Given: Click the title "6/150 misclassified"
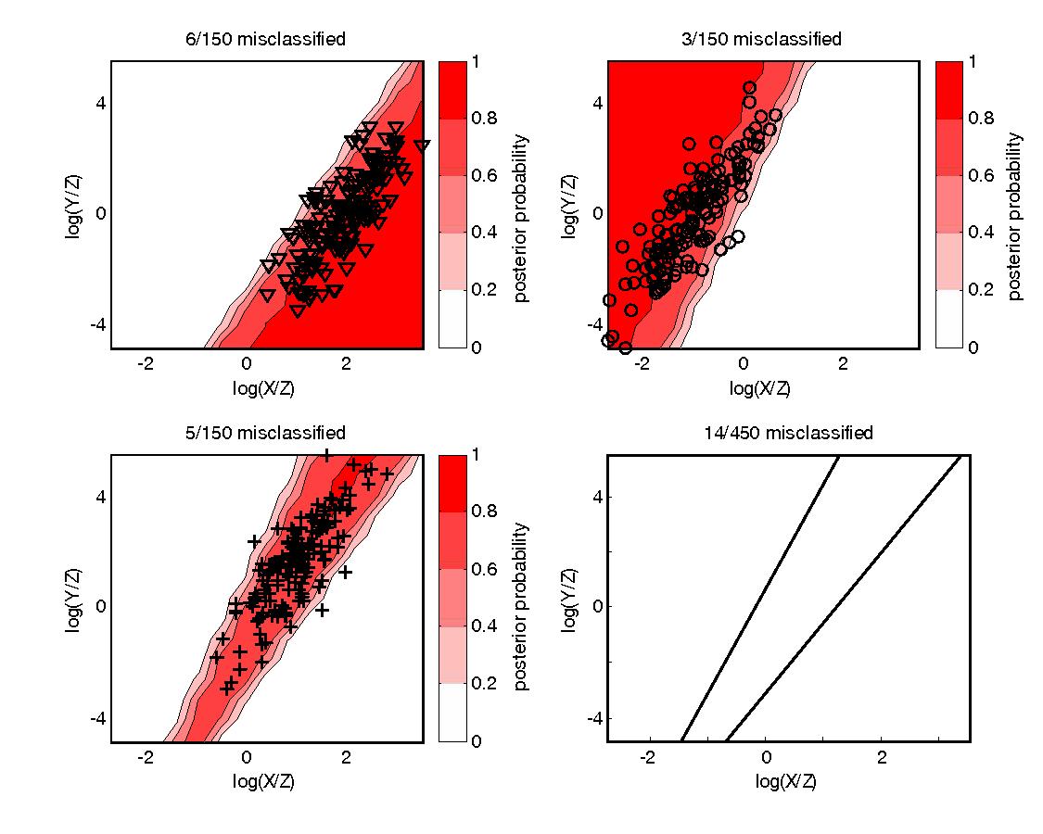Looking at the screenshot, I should (x=264, y=39).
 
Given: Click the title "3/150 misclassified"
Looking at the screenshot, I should (x=761, y=39).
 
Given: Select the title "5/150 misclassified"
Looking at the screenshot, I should (x=264, y=433).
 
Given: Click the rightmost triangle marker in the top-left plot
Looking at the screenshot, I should (x=422, y=146).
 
